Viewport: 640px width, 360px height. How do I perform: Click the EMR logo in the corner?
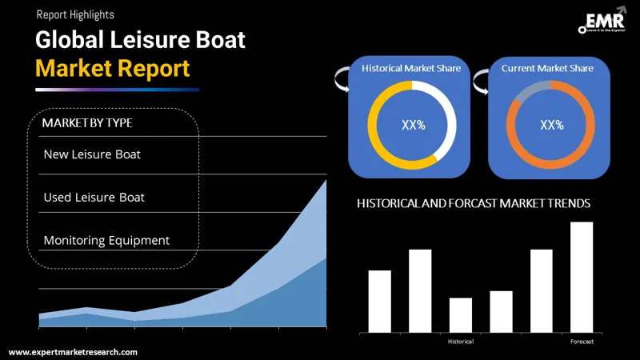click(x=601, y=22)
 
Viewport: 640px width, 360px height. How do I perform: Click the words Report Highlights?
click(x=74, y=14)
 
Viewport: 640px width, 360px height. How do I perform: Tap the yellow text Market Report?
click(x=113, y=68)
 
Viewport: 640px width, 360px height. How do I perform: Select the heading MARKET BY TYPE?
click(x=87, y=123)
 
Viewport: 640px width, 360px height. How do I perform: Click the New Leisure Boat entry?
click(x=92, y=154)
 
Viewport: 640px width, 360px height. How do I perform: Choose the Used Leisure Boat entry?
click(x=94, y=197)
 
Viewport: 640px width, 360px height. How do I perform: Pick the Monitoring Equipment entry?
click(x=106, y=240)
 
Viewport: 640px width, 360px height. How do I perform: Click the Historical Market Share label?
click(x=411, y=69)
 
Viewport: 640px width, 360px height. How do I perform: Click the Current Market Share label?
click(x=547, y=69)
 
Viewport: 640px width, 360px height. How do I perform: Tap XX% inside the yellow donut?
click(x=412, y=125)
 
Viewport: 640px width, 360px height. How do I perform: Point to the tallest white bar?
click(x=582, y=277)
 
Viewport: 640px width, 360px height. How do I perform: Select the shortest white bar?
click(x=461, y=315)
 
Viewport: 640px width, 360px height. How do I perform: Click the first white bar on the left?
click(x=379, y=302)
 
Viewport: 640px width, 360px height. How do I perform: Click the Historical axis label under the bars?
click(x=461, y=342)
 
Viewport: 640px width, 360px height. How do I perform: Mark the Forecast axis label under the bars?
click(x=582, y=342)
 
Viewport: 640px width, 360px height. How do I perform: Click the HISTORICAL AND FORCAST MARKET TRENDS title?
click(x=474, y=204)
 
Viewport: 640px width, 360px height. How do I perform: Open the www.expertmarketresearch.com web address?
click(x=73, y=352)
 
